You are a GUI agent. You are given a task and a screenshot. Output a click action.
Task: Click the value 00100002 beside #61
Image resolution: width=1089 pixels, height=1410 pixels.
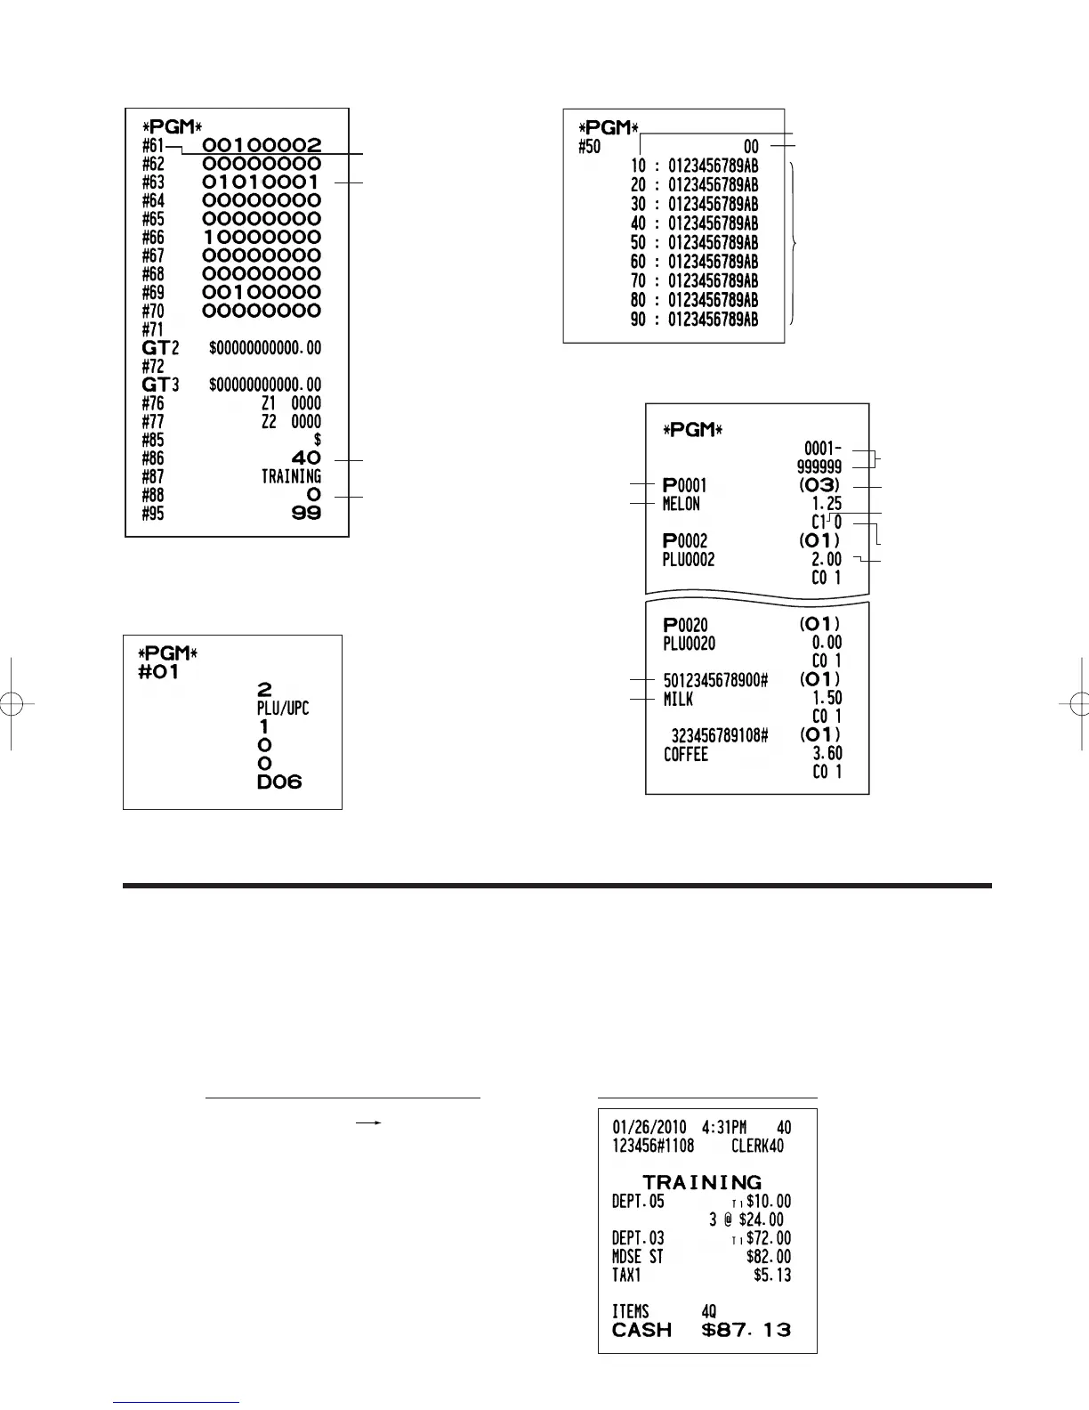pos(262,145)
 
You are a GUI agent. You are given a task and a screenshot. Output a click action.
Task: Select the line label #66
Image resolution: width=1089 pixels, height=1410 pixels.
pos(153,238)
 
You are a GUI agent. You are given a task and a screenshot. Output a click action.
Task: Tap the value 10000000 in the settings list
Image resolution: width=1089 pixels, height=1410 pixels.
pos(262,238)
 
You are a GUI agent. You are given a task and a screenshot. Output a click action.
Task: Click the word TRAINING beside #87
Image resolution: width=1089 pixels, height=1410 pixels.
pos(291,477)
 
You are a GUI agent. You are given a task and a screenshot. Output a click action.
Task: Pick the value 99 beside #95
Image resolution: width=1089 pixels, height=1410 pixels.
pos(306,514)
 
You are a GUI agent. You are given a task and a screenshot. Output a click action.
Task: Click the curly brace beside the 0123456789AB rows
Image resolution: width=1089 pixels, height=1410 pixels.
pos(794,243)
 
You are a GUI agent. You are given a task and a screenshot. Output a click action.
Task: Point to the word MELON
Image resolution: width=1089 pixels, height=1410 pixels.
pos(682,505)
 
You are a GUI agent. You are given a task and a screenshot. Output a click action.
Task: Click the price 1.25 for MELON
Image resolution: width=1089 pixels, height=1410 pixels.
pos(827,505)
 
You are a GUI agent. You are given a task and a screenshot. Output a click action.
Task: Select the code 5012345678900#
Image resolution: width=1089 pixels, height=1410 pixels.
pos(715,681)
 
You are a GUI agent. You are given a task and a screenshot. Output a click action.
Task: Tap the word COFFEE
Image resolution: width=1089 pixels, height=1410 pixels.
pos(686,755)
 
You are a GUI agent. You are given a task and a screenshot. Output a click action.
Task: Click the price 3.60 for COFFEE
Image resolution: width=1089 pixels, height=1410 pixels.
pos(827,754)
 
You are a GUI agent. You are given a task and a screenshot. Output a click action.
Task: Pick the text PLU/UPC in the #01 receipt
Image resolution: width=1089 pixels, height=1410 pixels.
pos(283,709)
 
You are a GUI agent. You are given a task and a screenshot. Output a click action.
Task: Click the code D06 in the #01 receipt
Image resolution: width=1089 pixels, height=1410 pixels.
pos(279,782)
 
